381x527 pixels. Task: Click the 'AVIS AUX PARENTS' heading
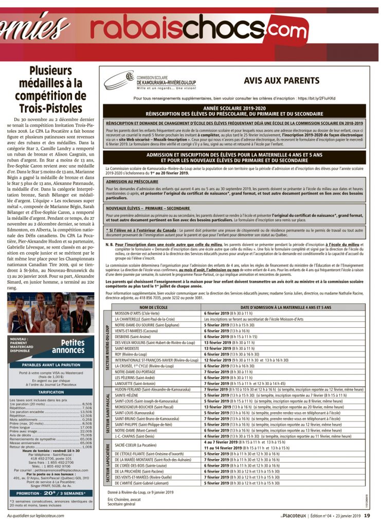(x=281, y=81)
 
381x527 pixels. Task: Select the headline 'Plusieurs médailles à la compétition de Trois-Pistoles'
(x=50, y=89)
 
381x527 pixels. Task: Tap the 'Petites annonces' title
(x=68, y=346)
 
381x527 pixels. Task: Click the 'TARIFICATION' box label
(x=50, y=392)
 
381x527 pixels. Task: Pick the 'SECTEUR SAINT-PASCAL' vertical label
(x=107, y=416)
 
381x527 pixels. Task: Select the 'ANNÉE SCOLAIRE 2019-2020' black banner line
(x=234, y=108)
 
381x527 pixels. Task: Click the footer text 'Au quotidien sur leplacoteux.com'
(x=35, y=515)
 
